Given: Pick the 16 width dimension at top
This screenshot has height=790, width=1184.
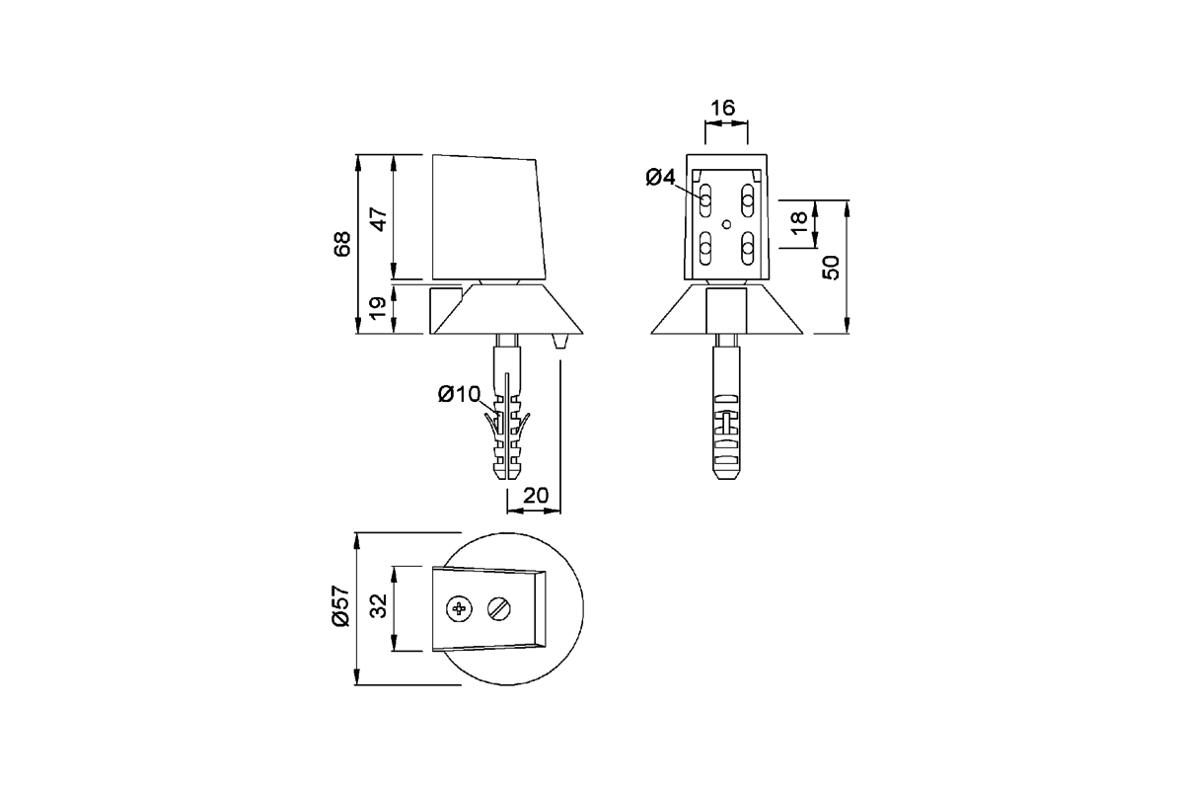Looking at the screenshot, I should (x=723, y=108).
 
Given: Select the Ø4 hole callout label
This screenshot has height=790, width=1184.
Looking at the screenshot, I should (x=660, y=178).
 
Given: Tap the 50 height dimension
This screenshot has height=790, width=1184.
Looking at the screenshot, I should (x=831, y=267).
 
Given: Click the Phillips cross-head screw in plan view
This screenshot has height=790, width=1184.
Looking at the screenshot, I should (x=459, y=609).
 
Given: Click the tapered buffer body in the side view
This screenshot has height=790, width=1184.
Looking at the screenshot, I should (x=487, y=217).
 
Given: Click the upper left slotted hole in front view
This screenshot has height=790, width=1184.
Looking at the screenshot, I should (x=705, y=200).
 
